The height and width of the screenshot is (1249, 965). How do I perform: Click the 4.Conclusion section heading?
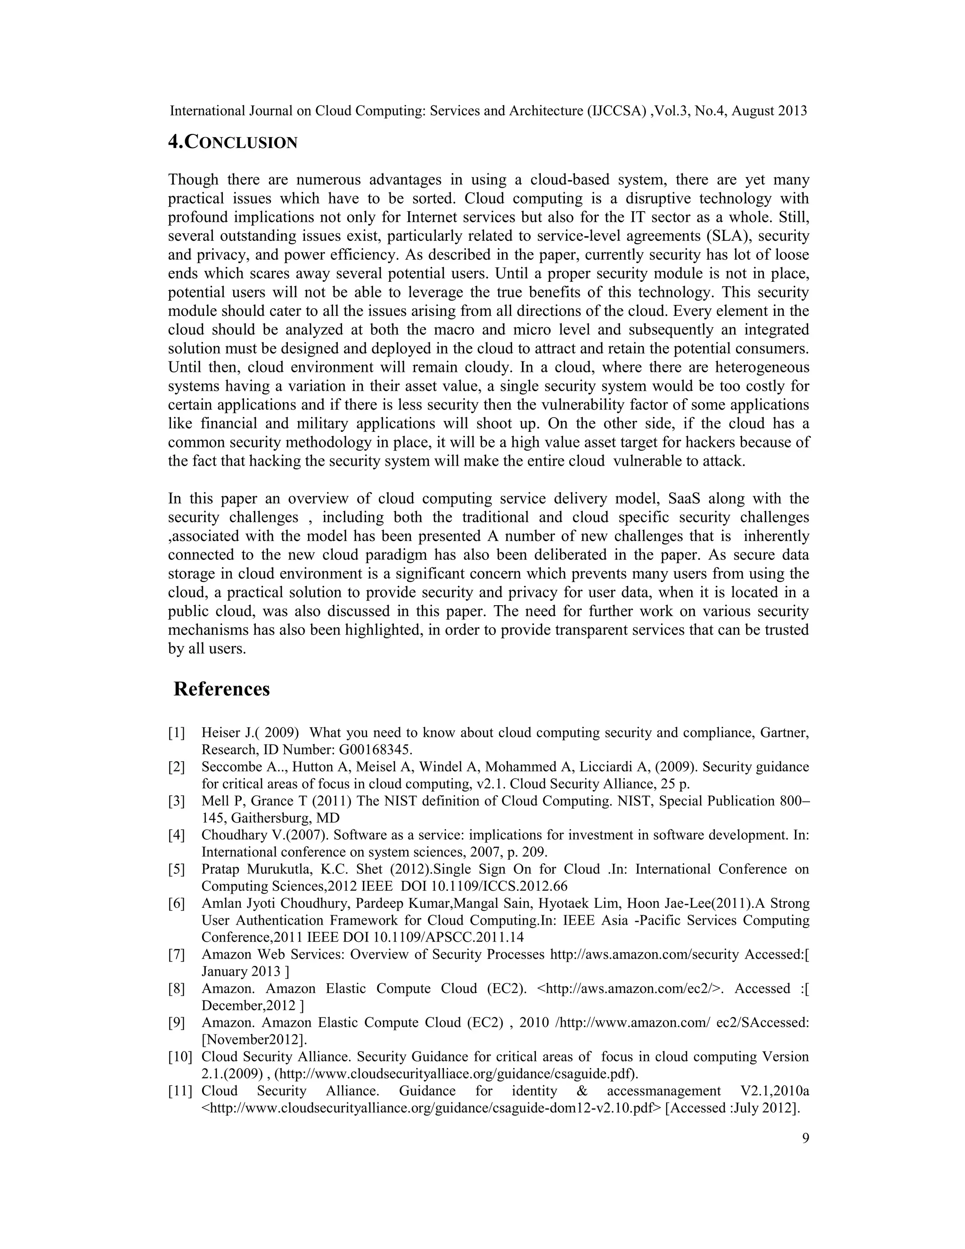[233, 142]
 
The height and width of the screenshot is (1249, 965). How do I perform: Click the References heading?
[221, 689]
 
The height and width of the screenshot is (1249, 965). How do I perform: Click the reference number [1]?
[177, 732]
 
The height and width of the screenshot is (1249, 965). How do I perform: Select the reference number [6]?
[177, 904]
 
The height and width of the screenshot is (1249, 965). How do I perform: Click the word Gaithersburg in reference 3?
[272, 818]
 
